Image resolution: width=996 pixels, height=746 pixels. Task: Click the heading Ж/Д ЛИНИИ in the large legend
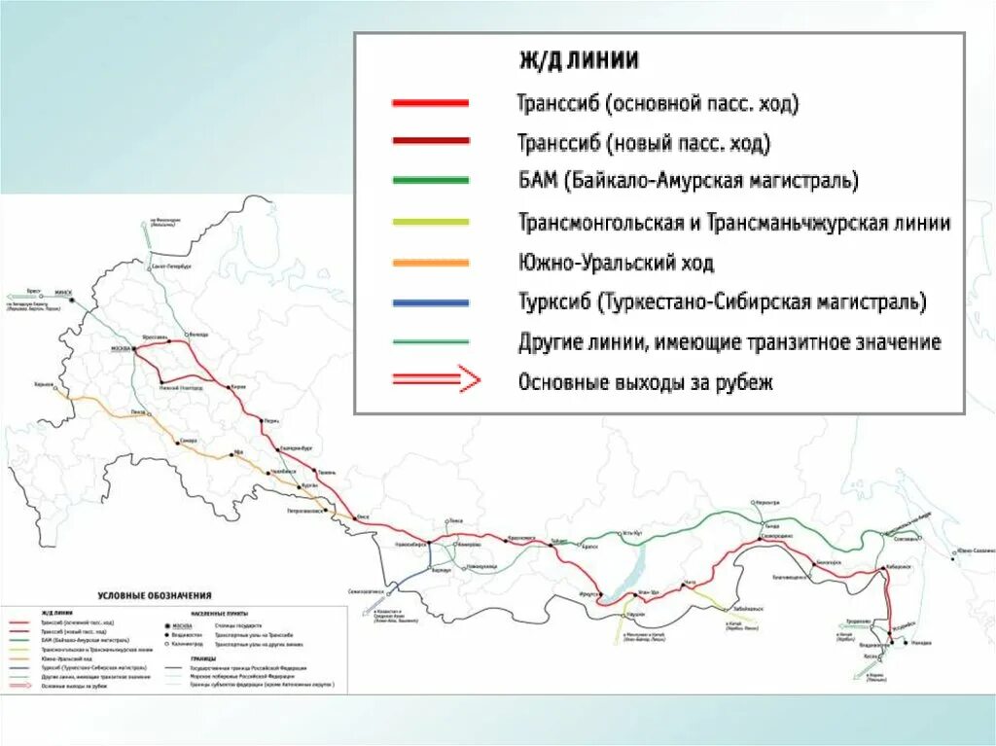[x=577, y=59]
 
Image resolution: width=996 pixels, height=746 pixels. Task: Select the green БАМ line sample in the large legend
[x=430, y=180]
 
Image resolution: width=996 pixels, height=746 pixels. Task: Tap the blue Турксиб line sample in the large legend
[x=430, y=302]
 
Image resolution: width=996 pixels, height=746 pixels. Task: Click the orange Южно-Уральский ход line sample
[x=430, y=263]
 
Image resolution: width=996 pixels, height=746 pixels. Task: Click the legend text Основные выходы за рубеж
[x=646, y=382]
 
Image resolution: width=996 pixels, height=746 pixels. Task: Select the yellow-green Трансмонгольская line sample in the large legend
[x=430, y=222]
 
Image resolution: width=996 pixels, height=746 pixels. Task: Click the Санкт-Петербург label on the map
[x=171, y=265]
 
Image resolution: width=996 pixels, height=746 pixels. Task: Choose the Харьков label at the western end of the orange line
[x=44, y=385]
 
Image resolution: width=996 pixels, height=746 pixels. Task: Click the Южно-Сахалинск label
[x=972, y=551]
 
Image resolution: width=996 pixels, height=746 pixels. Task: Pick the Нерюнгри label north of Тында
[x=766, y=502]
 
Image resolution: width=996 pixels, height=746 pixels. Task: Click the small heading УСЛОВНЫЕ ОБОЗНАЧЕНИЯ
[x=155, y=594]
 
